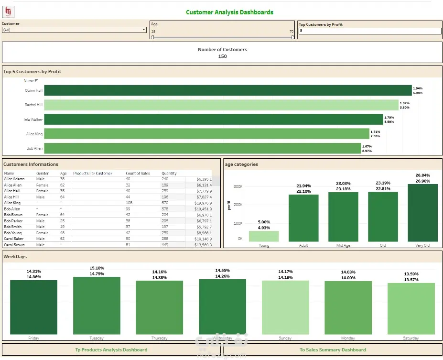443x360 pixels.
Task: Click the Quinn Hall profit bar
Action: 228,90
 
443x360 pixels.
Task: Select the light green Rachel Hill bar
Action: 221,105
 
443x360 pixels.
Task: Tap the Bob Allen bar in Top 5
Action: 203,148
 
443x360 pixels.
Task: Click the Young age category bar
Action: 264,236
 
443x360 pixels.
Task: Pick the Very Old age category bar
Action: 422,213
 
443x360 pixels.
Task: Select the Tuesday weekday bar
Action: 96,305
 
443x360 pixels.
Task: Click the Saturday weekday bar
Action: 411,308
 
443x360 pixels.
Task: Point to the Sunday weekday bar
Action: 285,307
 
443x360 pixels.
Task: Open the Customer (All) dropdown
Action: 74,30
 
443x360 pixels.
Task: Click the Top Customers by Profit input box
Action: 369,31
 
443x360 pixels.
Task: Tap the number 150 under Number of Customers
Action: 222,56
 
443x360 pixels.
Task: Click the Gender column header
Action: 43,174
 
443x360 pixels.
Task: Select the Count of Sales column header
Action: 138,174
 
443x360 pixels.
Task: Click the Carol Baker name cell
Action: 14,239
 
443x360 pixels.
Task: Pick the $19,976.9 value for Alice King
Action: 202,203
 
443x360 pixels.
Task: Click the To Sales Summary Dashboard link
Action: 333,350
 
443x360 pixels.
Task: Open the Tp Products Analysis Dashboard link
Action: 111,350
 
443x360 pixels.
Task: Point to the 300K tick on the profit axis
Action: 237,187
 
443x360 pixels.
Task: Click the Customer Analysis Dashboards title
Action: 229,12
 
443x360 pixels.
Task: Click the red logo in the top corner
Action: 9,12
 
